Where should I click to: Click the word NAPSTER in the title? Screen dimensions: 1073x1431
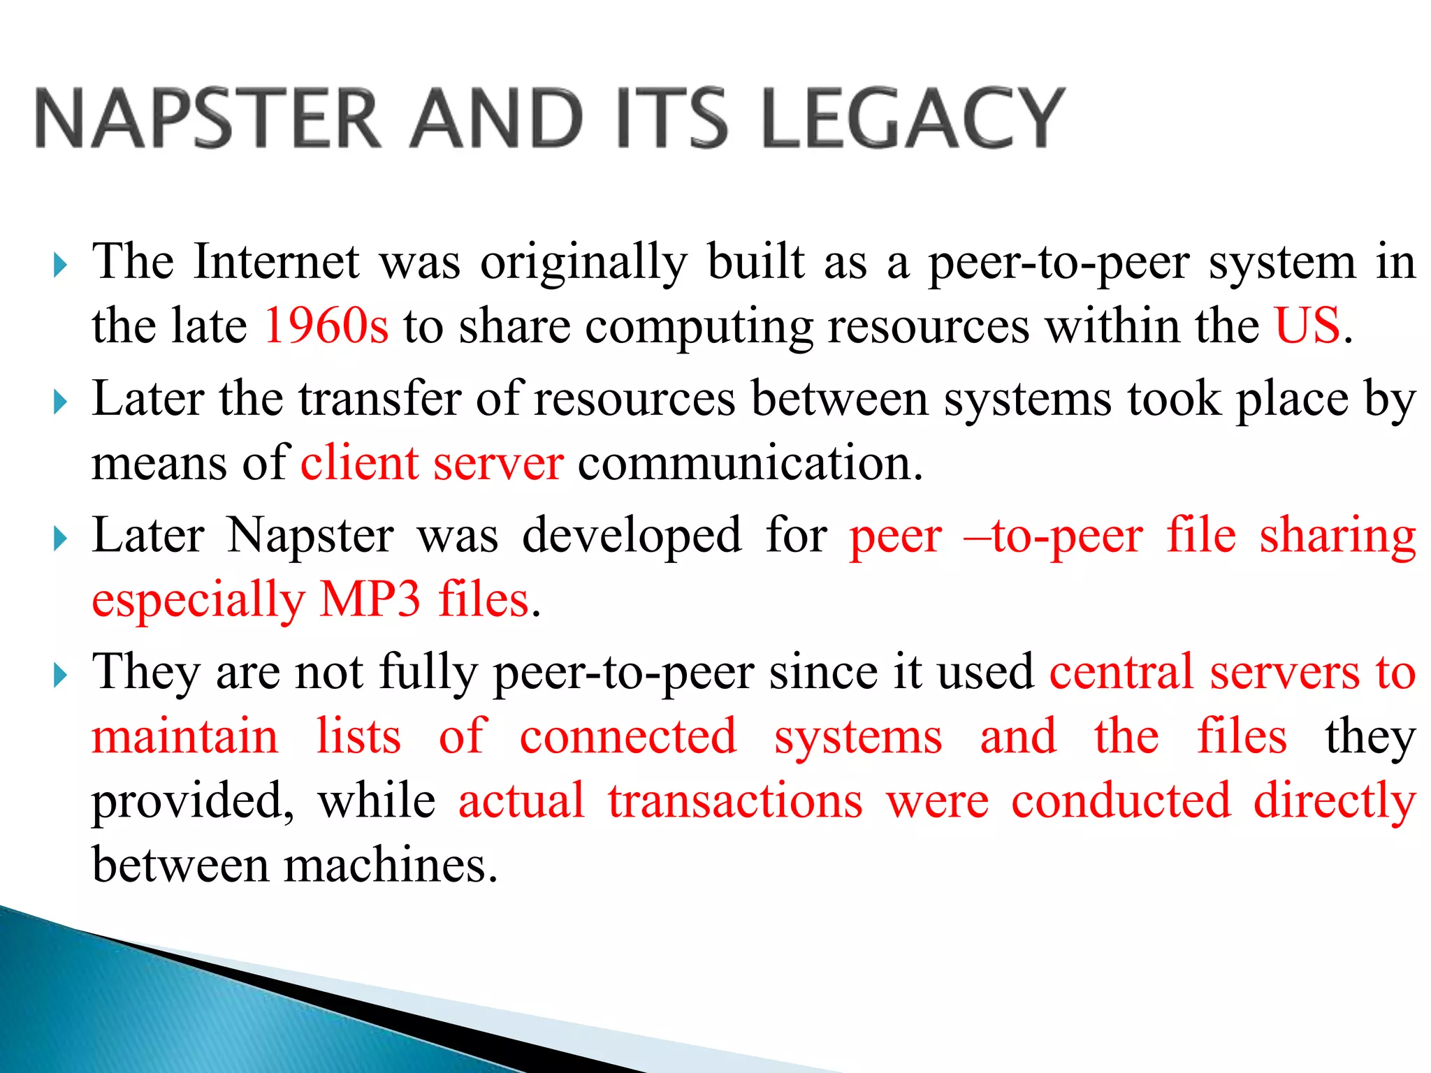tap(208, 118)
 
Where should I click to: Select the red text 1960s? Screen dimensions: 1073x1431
tap(326, 326)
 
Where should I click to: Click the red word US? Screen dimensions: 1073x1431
tap(1307, 326)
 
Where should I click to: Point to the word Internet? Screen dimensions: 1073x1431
tap(277, 262)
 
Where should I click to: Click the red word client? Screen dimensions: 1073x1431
tap(359, 462)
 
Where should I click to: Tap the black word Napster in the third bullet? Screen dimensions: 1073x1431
tap(311, 536)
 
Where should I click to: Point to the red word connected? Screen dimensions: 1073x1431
tap(628, 736)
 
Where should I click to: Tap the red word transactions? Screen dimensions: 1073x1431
tap(735, 801)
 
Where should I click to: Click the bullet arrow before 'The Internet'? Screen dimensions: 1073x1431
tap(60, 265)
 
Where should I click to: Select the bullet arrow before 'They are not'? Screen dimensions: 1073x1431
tap(60, 676)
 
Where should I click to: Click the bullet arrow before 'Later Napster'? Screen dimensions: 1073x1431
tap(60, 539)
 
